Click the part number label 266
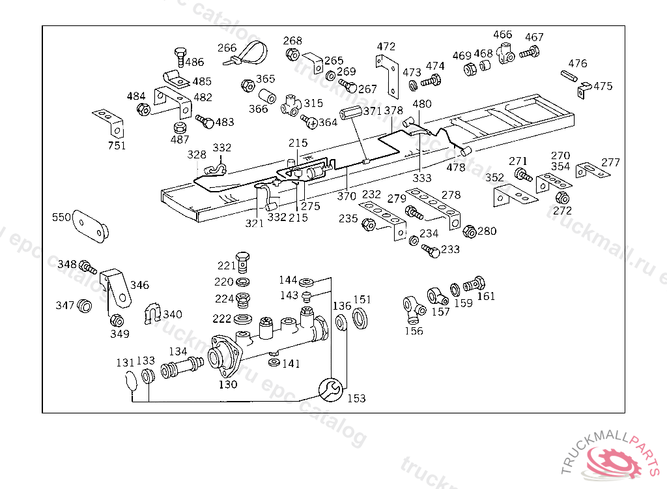[227, 48]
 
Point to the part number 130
[228, 385]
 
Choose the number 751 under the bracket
[117, 145]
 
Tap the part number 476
[578, 63]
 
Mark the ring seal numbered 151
[361, 318]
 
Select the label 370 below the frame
[347, 196]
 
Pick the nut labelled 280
[469, 231]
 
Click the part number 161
[486, 296]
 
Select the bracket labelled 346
[118, 287]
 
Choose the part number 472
[386, 47]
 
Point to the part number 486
[194, 63]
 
